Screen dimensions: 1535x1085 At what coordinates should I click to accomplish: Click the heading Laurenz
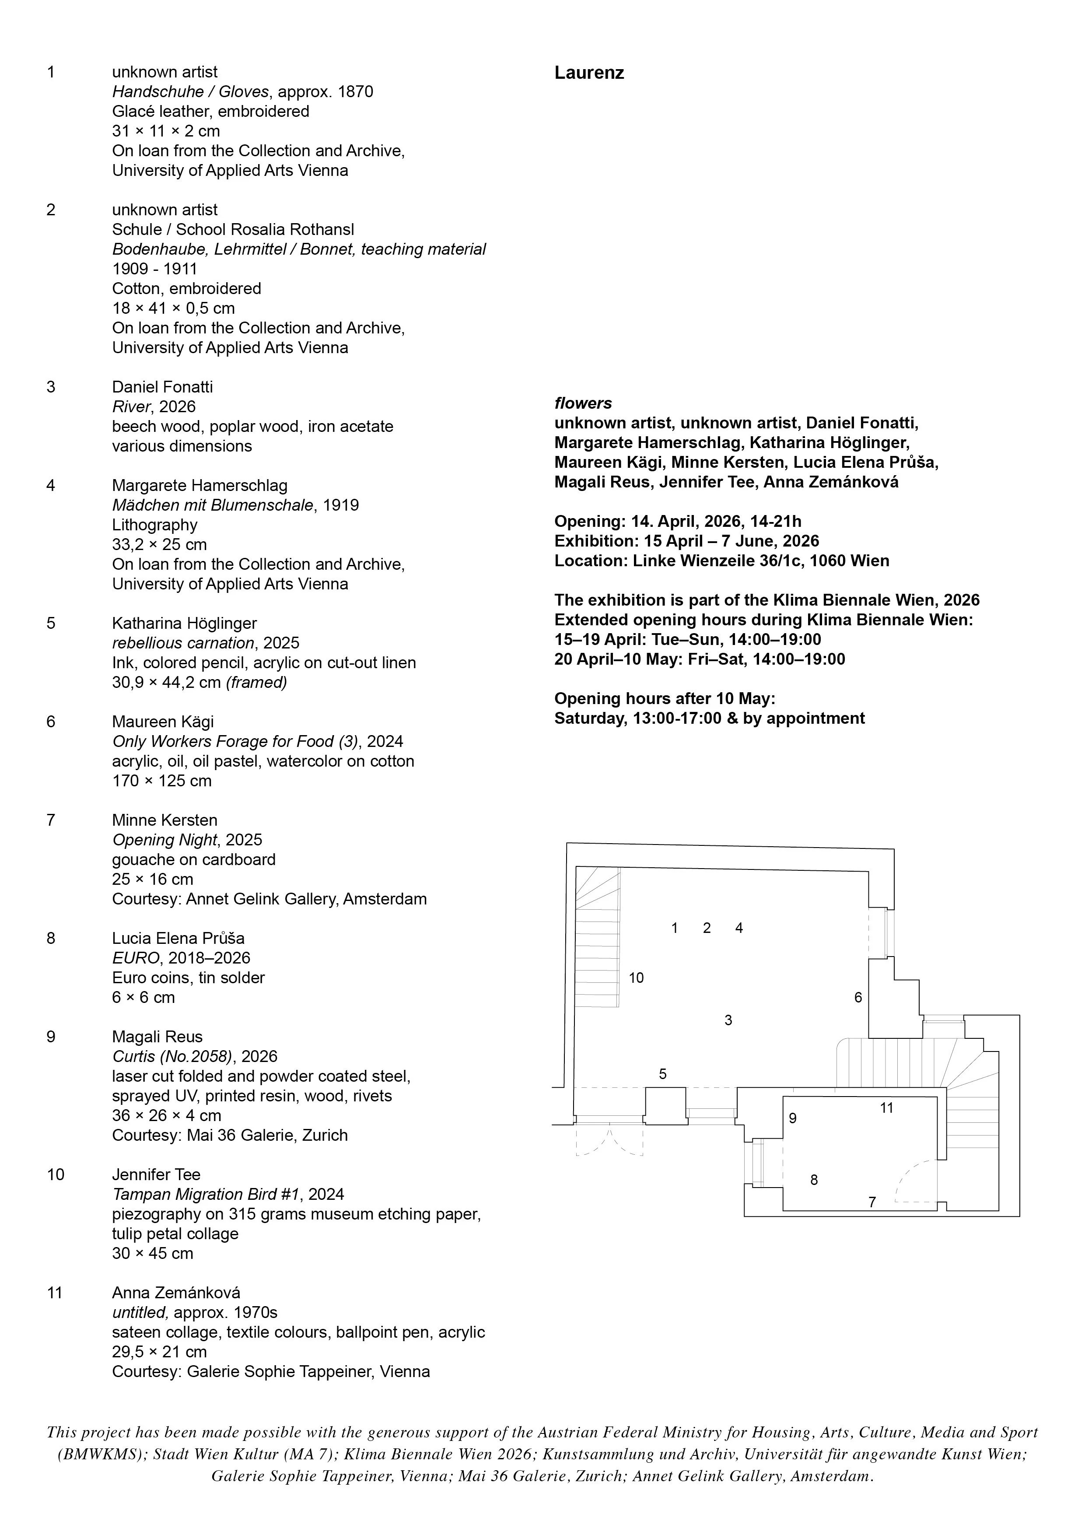click(x=588, y=73)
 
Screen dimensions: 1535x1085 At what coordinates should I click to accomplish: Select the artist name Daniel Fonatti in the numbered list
click(x=162, y=387)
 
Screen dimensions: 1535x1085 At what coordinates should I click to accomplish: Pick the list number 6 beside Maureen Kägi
click(x=51, y=722)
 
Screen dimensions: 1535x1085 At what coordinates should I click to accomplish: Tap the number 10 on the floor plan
click(x=636, y=978)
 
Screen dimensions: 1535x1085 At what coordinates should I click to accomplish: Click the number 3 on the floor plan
click(x=728, y=1020)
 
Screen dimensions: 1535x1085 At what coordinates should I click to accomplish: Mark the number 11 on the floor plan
click(x=886, y=1108)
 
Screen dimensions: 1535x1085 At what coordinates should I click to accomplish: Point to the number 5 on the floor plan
click(x=662, y=1074)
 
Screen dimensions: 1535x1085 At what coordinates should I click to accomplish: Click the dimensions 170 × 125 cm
click(x=162, y=781)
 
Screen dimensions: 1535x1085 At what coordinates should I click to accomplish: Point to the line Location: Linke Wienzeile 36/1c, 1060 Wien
click(x=721, y=561)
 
